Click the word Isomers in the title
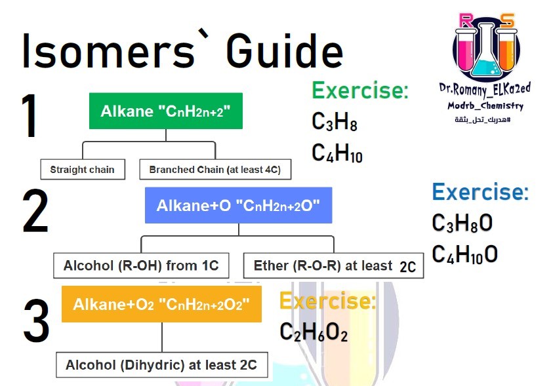109,51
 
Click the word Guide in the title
284,51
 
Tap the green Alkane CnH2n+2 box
166,111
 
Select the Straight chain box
83,169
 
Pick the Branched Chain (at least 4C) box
215,169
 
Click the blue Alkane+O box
238,205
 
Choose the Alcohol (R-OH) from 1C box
141,265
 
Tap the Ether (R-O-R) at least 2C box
333,265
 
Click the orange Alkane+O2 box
161,304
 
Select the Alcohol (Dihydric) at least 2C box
161,365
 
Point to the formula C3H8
334,122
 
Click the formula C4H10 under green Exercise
337,153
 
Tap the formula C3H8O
462,223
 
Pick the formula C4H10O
465,254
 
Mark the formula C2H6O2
314,332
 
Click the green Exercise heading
360,90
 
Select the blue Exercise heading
480,192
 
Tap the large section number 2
35,211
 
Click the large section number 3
36,320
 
